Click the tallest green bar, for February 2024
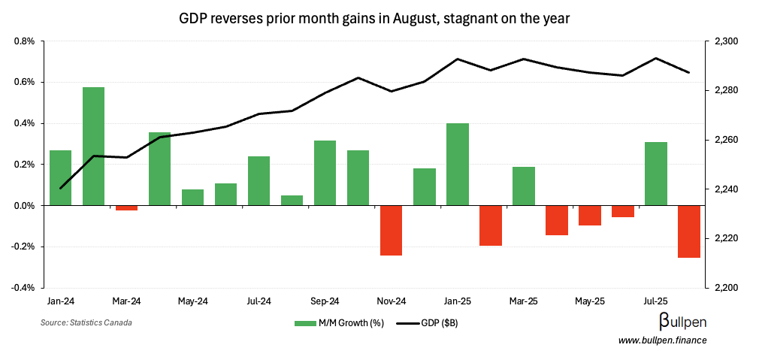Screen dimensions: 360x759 93,147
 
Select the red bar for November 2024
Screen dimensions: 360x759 391,230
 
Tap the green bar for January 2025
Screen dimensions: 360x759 457,164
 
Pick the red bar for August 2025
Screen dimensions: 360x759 688,231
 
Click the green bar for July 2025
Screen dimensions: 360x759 655,174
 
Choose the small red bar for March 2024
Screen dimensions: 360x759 126,208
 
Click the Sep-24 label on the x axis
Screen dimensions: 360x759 325,301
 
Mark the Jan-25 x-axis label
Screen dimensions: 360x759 457,301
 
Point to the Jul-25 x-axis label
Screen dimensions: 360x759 655,301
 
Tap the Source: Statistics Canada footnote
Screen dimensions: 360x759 86,322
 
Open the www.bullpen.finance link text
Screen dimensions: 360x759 662,340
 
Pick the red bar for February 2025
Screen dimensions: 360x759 490,225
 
